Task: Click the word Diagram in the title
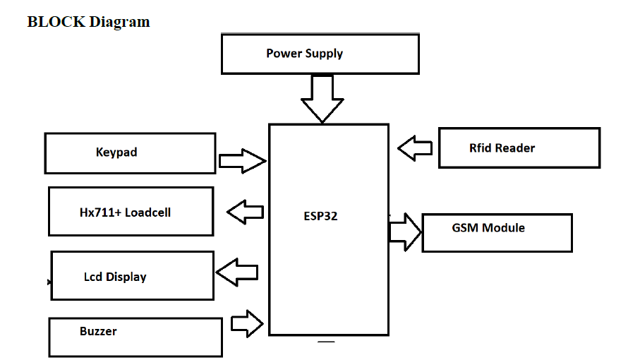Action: coord(119,22)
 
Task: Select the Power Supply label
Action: coord(304,54)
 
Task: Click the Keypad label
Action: coord(116,152)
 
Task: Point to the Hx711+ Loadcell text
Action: coord(125,212)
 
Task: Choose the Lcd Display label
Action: coord(115,277)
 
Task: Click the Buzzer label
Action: coord(98,331)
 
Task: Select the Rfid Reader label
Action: coord(502,148)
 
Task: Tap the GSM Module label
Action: coord(488,228)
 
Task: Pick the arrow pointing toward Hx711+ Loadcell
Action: coord(245,211)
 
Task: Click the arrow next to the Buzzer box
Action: coord(247,324)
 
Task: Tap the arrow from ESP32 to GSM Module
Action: coord(405,230)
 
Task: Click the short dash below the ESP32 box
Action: coord(325,342)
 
